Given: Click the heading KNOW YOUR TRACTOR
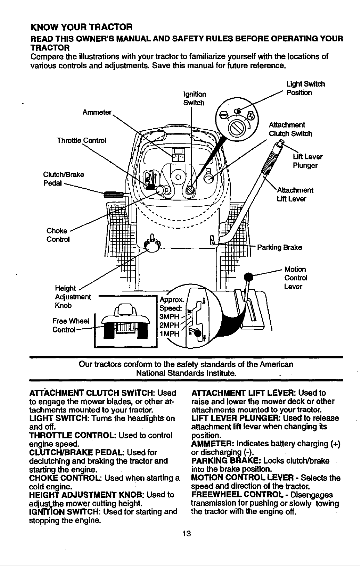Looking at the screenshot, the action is [x=81, y=27].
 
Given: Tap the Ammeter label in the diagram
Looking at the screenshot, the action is [x=97, y=112].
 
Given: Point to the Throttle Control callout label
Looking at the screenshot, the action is [x=81, y=140].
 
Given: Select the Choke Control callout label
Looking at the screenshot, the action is [x=58, y=235].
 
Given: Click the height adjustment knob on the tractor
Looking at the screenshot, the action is [x=151, y=244].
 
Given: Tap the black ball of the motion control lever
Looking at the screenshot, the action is [x=248, y=277].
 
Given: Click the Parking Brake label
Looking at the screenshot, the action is [x=279, y=247].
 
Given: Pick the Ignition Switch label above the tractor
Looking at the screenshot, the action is [x=194, y=99].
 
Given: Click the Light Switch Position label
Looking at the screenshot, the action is [x=306, y=88].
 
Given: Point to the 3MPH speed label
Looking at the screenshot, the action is [x=169, y=317].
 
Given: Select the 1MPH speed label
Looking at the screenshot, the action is [x=169, y=334].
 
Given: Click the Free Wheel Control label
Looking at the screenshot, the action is [x=71, y=326].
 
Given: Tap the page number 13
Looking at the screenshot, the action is [x=187, y=534].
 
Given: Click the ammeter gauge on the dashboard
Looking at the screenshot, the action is [x=178, y=155].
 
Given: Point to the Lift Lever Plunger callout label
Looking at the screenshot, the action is [x=308, y=161].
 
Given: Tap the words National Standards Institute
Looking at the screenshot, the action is [x=187, y=373].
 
